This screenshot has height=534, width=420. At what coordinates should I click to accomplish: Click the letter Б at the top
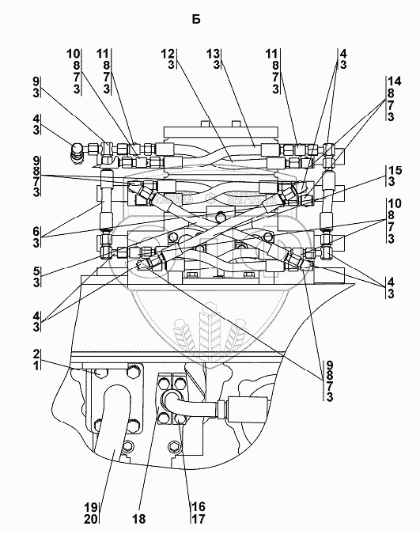coord(196,20)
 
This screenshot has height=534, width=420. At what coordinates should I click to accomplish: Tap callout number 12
coord(168,54)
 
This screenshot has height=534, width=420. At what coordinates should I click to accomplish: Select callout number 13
coord(214,54)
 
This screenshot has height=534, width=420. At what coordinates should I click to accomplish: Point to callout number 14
coord(395,81)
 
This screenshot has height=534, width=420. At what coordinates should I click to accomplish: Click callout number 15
coord(395,170)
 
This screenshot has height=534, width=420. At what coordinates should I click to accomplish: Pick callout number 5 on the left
coord(36,271)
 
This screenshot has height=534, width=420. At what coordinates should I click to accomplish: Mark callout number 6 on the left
coord(36,232)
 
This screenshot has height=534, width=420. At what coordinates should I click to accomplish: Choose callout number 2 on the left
coord(36,354)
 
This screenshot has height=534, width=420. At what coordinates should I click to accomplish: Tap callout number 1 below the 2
coord(36,365)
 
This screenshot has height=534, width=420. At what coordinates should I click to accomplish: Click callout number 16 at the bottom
coord(199,507)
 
